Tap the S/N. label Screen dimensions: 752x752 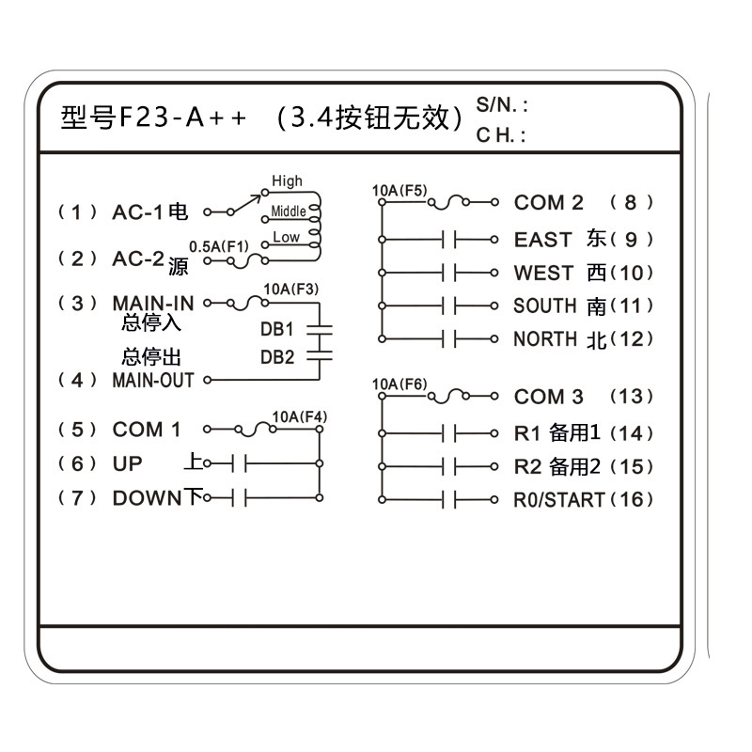tap(502, 105)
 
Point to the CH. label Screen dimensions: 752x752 tap(500, 135)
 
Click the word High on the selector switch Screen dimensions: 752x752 tap(287, 181)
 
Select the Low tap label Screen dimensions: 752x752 tap(287, 238)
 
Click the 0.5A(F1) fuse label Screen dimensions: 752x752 tap(219, 246)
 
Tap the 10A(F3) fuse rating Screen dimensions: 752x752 tap(290, 289)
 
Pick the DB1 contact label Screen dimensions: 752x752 tap(277, 330)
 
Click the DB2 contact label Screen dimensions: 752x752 tap(277, 357)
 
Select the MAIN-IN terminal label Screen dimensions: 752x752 tap(153, 304)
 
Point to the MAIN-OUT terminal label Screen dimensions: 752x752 tap(153, 381)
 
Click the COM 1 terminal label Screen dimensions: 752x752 tap(146, 430)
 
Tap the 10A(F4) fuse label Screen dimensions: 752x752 tap(299, 417)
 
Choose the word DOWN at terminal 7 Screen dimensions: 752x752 tap(146, 498)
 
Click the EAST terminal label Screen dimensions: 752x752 tap(542, 240)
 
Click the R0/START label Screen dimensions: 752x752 tap(559, 499)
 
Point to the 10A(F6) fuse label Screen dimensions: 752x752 tap(399, 384)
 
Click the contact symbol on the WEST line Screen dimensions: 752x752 tap(449, 274)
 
